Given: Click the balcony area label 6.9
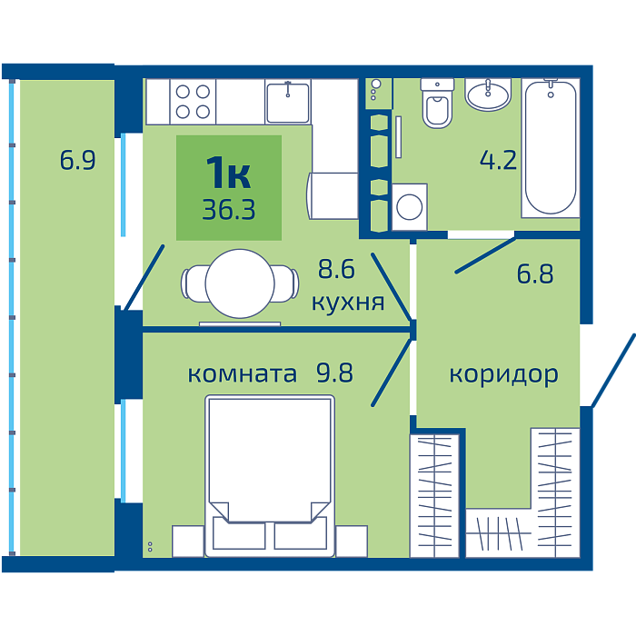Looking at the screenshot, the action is [77, 160].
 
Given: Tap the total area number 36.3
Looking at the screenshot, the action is [229, 210].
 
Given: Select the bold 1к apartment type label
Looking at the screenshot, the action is [228, 173].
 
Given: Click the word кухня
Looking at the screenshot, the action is [348, 303].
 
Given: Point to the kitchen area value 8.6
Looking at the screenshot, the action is [336, 269].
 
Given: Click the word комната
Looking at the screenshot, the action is [242, 374].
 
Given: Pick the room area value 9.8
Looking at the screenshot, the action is [334, 373].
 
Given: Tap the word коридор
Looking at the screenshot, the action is [503, 374].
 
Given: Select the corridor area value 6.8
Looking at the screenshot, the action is [534, 273].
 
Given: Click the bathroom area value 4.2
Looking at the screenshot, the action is [498, 160].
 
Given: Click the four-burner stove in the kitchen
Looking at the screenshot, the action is [193, 102].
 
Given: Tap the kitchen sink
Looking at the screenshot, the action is [288, 102].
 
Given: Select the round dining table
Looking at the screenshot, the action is [240, 283].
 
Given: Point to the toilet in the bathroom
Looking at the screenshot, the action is [437, 103].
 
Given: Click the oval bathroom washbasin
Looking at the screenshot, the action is [488, 94].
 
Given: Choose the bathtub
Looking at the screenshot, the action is [551, 147].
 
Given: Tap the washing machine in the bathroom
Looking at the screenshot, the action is [409, 207].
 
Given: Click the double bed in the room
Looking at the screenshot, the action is [270, 476].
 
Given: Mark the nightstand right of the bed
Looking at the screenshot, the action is [352, 542].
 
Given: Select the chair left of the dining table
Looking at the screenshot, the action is [194, 283].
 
